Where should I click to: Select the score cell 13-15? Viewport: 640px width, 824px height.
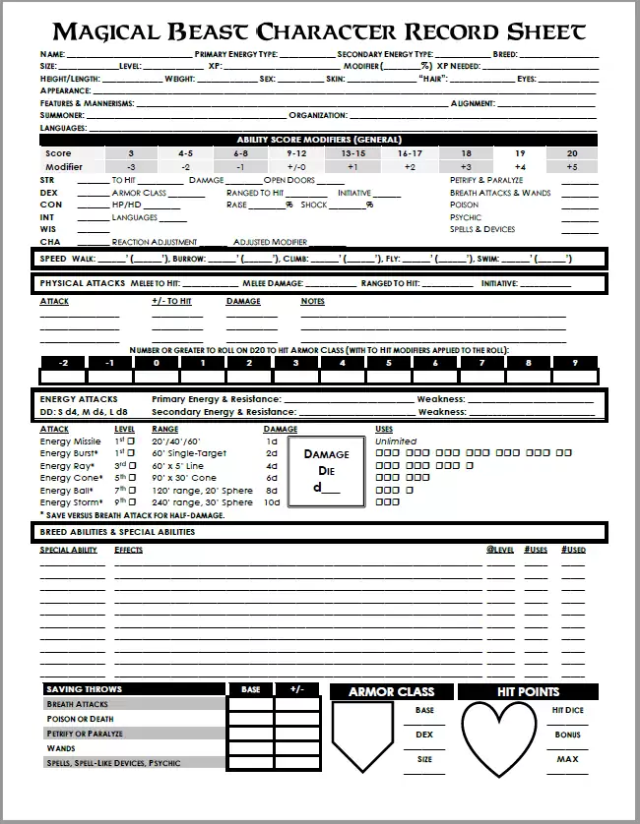(353, 153)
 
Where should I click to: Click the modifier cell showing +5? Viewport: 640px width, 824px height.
(572, 167)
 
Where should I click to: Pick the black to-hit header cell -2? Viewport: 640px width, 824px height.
(63, 363)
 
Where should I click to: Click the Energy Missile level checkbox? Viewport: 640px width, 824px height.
(130, 441)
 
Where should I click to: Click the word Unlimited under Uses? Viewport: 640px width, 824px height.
(396, 441)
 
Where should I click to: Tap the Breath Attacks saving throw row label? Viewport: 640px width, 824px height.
(78, 705)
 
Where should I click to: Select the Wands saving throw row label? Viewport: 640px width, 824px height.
(60, 748)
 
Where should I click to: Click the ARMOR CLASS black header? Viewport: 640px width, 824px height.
(391, 692)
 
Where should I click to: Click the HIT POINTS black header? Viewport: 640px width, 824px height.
(528, 692)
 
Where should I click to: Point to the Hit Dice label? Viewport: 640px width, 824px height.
(568, 710)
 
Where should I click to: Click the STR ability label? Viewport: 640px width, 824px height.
(46, 181)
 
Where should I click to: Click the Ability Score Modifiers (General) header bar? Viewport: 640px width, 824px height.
(319, 140)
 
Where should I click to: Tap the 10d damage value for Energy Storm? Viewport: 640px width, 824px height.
(272, 501)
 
